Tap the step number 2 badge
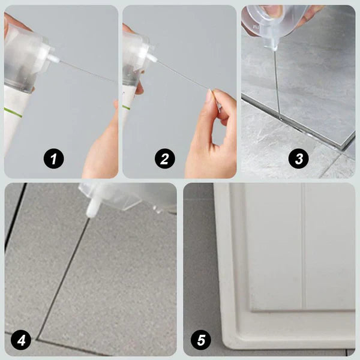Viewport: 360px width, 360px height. pos(164,159)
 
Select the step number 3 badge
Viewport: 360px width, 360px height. pos(298,159)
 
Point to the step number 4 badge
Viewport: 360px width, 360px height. pos(22,341)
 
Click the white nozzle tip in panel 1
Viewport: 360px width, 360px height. pos(55,59)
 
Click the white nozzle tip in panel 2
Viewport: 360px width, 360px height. pos(152,58)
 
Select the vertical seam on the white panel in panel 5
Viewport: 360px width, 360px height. pos(304,240)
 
